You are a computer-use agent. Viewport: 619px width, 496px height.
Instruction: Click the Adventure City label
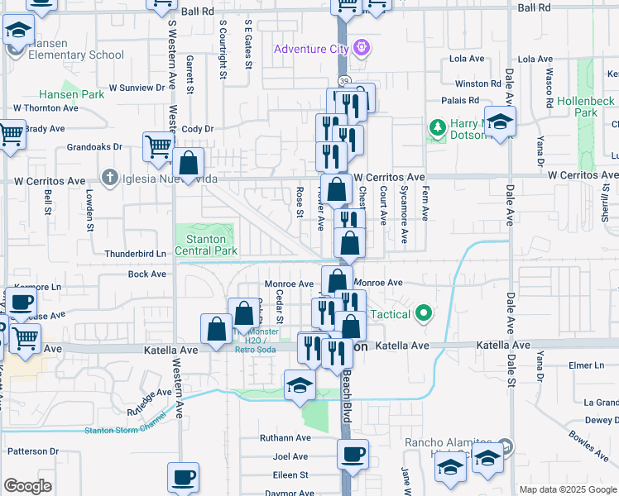pyautogui.click(x=311, y=49)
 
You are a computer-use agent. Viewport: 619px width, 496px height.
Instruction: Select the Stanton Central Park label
pyautogui.click(x=205, y=245)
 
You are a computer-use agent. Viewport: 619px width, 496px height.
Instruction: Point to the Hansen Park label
pyautogui.click(x=71, y=94)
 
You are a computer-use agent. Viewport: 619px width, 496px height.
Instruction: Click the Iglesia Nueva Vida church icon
pyautogui.click(x=109, y=178)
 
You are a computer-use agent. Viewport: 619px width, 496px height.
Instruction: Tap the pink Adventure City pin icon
pyautogui.click(x=361, y=48)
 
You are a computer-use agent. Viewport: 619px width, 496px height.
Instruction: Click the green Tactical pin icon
pyautogui.click(x=425, y=313)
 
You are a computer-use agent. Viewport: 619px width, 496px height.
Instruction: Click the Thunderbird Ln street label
pyautogui.click(x=135, y=253)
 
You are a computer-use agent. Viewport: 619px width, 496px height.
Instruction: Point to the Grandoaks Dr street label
pyautogui.click(x=94, y=147)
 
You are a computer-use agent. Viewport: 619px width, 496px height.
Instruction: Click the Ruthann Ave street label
pyautogui.click(x=285, y=437)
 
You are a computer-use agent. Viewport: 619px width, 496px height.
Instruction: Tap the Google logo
pyautogui.click(x=27, y=486)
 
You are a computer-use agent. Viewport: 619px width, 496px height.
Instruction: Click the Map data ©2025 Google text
pyautogui.click(x=568, y=489)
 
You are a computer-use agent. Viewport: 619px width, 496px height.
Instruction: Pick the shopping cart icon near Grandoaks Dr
pyautogui.click(x=157, y=147)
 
